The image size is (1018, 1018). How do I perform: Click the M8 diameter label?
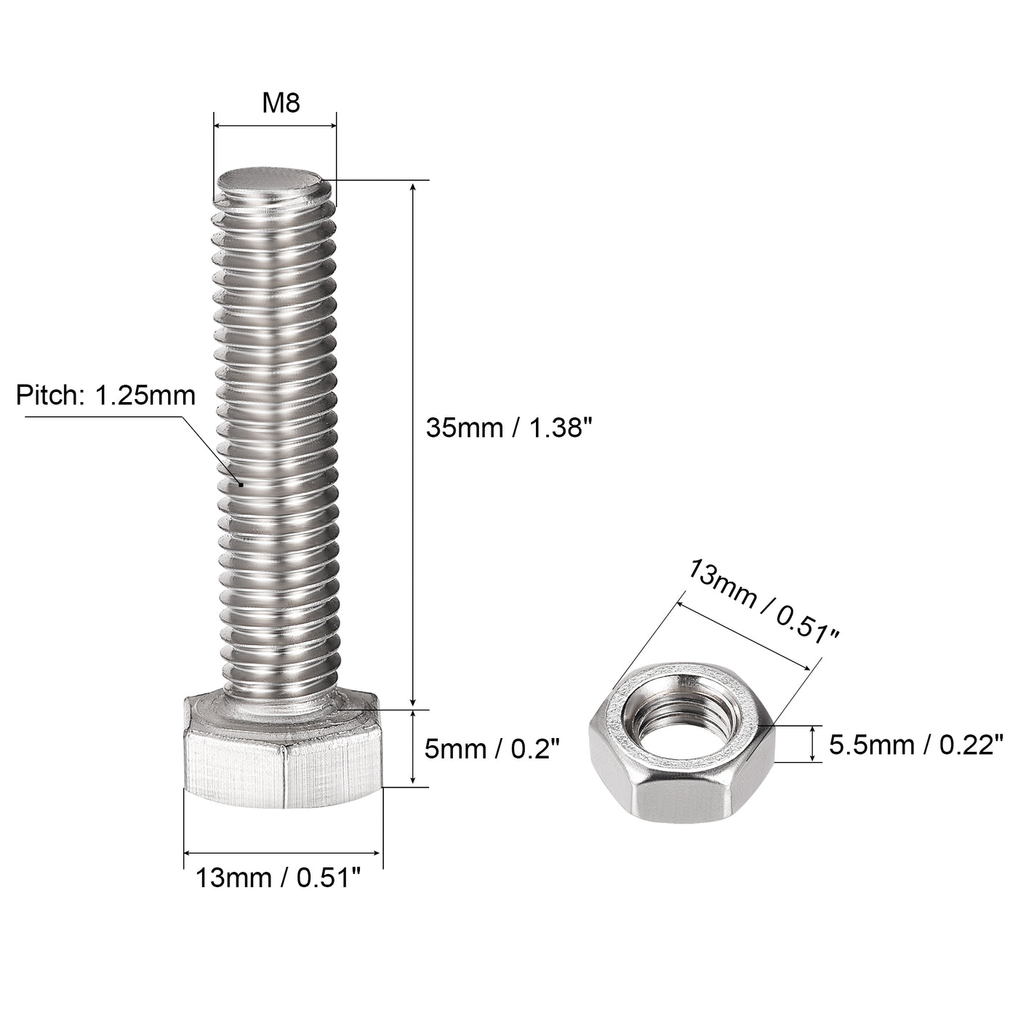[x=281, y=103]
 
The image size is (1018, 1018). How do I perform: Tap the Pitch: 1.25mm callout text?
[x=106, y=396]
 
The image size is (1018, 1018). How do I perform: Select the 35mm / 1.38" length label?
[x=505, y=428]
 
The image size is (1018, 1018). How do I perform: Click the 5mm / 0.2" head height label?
[x=492, y=748]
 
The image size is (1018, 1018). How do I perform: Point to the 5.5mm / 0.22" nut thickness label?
[x=915, y=745]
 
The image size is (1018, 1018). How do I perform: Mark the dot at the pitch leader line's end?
[x=240, y=483]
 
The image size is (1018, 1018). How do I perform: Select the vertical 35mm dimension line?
[x=413, y=444]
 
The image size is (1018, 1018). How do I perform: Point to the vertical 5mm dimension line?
[x=413, y=748]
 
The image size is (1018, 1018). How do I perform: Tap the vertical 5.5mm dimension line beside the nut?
[x=812, y=744]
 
